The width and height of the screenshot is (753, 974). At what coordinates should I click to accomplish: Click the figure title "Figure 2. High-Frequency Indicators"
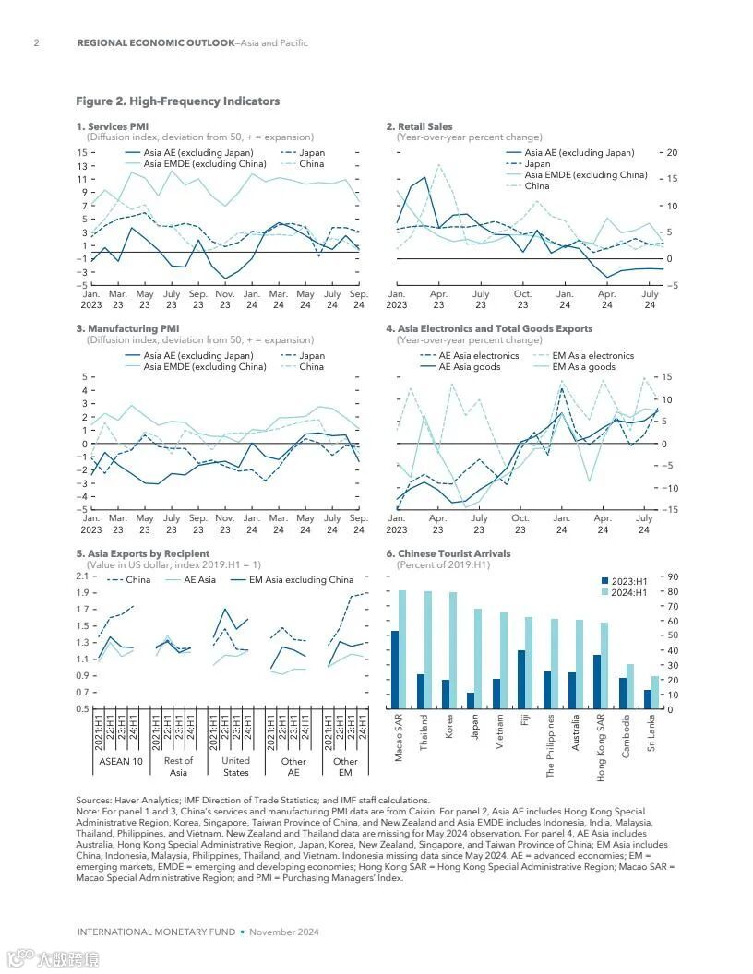click(177, 101)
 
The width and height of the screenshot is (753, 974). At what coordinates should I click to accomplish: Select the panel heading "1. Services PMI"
click(112, 126)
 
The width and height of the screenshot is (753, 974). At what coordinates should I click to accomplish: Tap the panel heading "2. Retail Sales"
click(424, 126)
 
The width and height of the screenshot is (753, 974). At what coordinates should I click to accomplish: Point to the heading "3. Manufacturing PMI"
click(127, 328)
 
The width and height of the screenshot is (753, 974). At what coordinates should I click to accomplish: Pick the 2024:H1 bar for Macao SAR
click(402, 649)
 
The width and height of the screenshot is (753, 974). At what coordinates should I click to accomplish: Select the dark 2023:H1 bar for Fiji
click(521, 680)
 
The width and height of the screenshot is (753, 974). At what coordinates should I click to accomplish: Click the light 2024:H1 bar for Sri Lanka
click(655, 693)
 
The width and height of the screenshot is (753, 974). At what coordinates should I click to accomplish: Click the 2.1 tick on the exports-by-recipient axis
click(81, 576)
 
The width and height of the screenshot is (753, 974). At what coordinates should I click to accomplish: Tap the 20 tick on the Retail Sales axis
click(672, 153)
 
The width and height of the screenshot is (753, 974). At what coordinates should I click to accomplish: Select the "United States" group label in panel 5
click(236, 766)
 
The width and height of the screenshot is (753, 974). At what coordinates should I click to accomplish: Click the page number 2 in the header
click(36, 43)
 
